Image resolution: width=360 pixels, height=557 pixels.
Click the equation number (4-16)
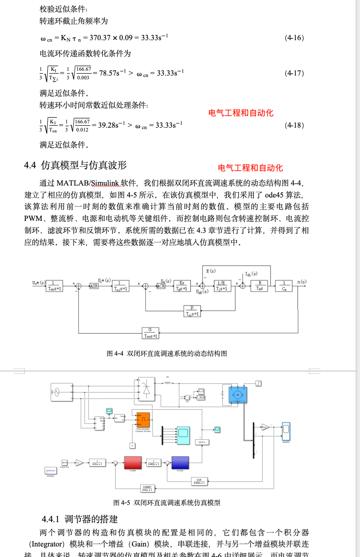pos(294,38)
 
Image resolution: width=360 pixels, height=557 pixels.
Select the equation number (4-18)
pos(294,125)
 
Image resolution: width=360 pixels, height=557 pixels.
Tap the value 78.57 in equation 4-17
pos(107,73)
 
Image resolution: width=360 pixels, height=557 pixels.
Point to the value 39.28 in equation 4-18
pos(106,125)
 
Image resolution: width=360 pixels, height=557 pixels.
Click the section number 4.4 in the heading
pos(30,165)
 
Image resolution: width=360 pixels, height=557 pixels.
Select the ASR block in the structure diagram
pos(94,286)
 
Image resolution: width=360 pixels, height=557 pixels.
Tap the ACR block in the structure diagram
pos(161,286)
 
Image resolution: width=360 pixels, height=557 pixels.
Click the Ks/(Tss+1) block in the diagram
pos(182,285)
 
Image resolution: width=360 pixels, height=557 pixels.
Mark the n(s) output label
pos(301,282)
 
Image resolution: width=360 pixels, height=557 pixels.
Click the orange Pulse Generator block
pos(143,420)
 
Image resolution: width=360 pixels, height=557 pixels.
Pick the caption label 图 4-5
pos(122,502)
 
